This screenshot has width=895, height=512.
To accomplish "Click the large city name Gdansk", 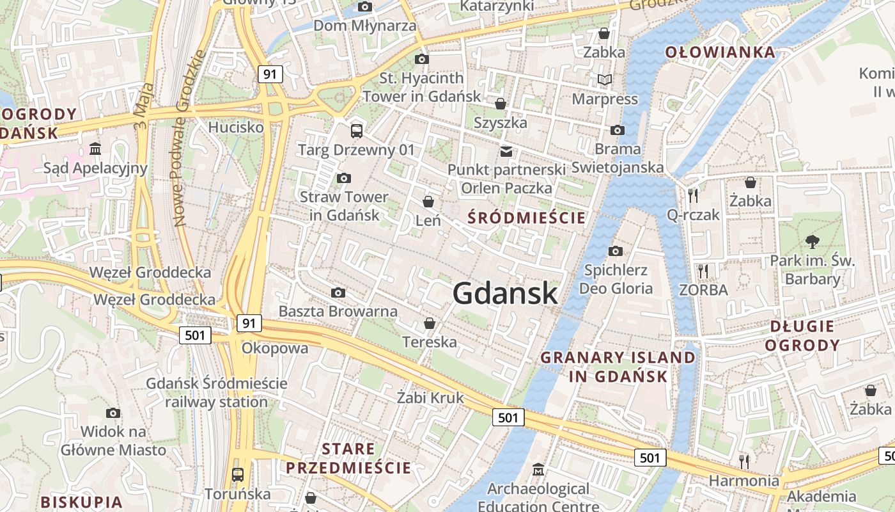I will tap(505, 293).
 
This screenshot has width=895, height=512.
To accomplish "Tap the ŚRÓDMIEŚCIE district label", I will tap(526, 218).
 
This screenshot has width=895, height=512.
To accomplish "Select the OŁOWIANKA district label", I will tap(720, 52).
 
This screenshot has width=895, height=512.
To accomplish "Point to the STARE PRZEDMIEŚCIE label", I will tap(348, 458).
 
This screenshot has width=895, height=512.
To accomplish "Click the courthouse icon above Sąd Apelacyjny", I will tap(95, 149).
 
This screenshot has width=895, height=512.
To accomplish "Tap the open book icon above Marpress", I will tap(604, 80).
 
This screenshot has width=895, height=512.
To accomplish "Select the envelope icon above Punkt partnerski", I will tap(506, 151).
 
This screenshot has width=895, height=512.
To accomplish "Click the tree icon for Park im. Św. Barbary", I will tap(813, 242).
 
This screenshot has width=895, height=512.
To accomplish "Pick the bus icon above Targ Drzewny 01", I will tap(356, 131).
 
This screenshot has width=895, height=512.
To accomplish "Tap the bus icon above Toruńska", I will tap(238, 475).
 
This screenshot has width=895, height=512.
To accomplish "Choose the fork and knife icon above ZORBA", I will tap(703, 271).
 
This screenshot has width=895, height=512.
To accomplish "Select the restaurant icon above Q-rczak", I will tap(693, 195).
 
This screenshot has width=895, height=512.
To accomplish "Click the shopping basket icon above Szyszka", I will tap(501, 104).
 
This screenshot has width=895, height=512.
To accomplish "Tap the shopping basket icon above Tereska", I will tap(430, 323).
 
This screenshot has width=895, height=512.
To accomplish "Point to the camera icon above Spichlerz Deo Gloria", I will tap(616, 251).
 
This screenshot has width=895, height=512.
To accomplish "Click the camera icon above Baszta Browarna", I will tap(338, 293).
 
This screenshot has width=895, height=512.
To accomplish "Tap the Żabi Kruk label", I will tap(430, 397).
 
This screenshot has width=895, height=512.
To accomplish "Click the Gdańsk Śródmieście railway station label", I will tap(217, 392).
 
